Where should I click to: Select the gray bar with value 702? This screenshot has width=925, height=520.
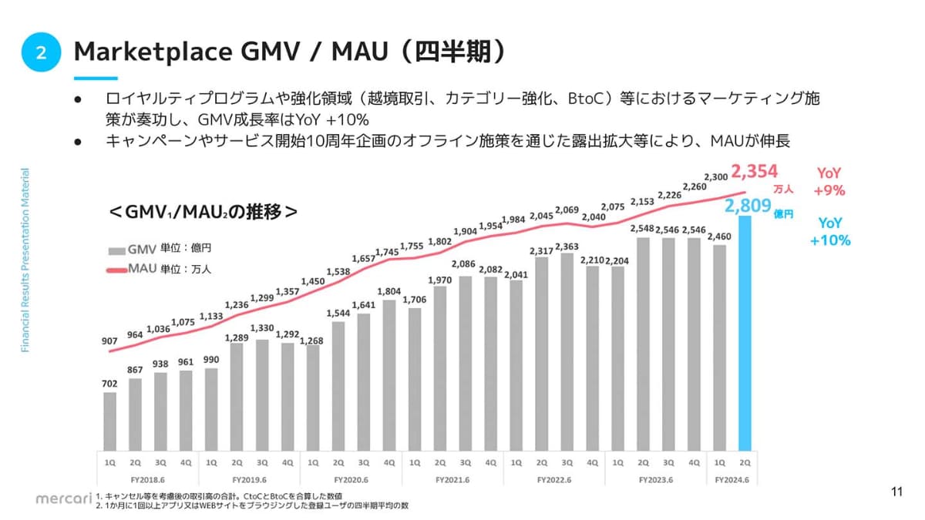109,421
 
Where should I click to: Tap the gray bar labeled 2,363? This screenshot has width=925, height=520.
567,351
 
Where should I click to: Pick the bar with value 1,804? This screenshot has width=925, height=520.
388,374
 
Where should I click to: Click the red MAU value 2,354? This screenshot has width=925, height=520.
755,171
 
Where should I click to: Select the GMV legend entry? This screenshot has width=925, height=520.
133,250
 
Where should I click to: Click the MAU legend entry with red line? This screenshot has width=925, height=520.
133,269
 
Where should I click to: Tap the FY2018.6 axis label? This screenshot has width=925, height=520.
147,480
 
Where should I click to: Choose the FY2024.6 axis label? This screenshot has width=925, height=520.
732,480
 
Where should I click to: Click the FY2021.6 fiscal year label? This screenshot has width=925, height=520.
452,480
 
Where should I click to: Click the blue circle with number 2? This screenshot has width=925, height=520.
42,52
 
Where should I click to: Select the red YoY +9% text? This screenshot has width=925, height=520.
829,182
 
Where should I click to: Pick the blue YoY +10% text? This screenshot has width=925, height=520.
830,231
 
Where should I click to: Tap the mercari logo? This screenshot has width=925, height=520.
63,498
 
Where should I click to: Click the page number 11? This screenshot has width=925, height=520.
896,492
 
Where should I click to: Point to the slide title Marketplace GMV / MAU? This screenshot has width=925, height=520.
289,52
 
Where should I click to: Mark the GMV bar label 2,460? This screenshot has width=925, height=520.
719,237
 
